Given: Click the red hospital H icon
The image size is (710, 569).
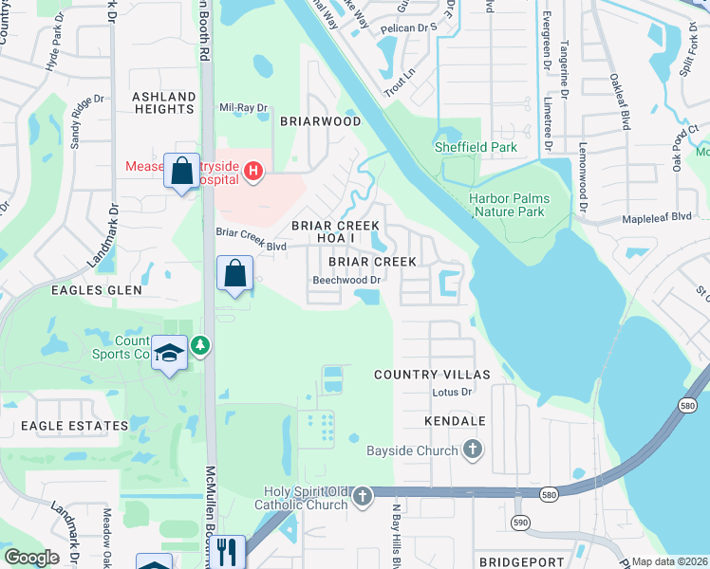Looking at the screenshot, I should click(x=252, y=171).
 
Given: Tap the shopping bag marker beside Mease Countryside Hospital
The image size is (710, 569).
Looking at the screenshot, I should click(x=182, y=172).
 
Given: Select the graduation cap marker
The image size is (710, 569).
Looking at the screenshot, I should click(x=170, y=353).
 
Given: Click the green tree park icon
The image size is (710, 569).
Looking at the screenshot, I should click(x=200, y=344).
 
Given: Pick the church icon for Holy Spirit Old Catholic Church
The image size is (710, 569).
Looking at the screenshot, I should click(x=362, y=497).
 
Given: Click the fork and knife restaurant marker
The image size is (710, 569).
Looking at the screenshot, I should click(x=227, y=552).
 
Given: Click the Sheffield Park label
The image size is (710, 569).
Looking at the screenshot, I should click(x=476, y=147).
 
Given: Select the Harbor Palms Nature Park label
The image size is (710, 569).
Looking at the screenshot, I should click(x=507, y=205).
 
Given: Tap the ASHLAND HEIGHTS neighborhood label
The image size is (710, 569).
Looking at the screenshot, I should click(x=163, y=102).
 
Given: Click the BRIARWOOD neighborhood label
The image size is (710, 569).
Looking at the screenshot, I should click(x=320, y=121).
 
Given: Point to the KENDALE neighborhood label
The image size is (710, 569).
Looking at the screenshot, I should click(x=456, y=420).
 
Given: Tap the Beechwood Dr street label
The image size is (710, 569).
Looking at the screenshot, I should click(x=347, y=280).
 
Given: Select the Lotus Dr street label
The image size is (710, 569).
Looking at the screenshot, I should click(x=453, y=392).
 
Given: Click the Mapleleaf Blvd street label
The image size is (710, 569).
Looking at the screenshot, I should click(x=657, y=216).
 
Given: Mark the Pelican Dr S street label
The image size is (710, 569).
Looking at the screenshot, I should click(x=406, y=28).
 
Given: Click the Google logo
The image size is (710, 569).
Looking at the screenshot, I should click(x=32, y=557).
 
